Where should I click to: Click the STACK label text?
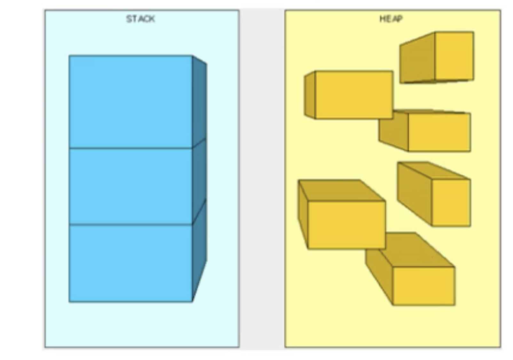tap(140, 19)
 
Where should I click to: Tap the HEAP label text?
tap(391, 19)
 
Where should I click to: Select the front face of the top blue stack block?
tap(130, 102)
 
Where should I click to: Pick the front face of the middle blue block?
tap(130, 186)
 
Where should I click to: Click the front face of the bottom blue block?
tap(130, 263)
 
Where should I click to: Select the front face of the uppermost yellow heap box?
tap(454, 56)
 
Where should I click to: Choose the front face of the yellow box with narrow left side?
tap(354, 95)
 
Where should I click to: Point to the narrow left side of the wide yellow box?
tap(310, 95)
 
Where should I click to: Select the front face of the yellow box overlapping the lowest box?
tap(346, 225)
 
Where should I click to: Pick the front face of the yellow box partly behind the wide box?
tap(439, 132)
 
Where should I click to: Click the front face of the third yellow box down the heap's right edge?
tap(451, 202)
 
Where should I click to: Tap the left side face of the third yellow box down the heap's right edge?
tap(414, 192)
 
